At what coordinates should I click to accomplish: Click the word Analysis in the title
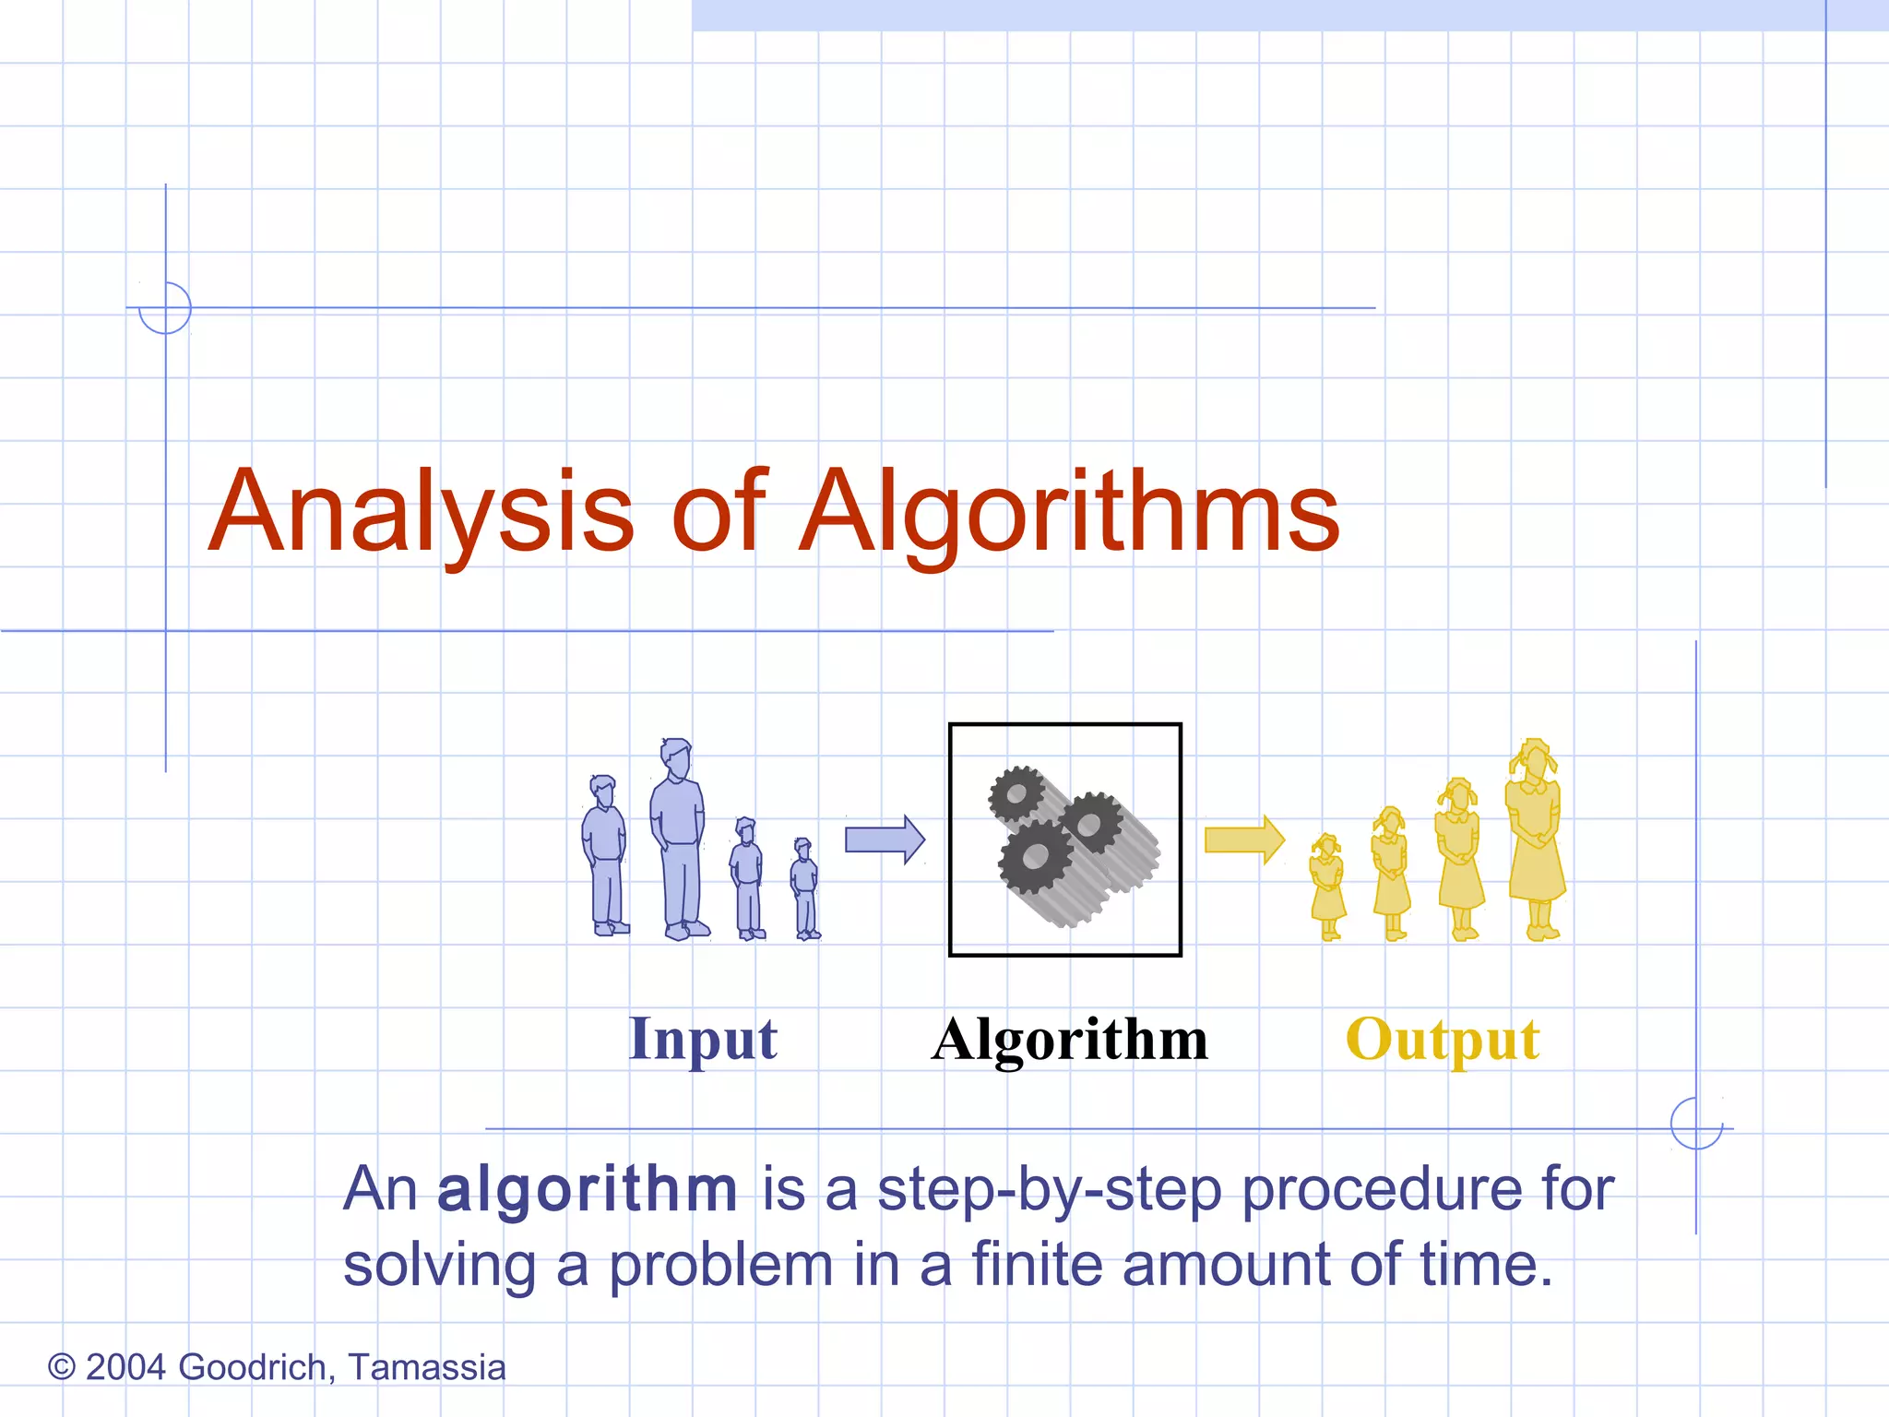[422, 512]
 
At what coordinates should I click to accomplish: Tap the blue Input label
[703, 1040]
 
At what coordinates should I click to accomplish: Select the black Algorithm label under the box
[1070, 1040]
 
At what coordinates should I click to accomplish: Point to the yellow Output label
[1443, 1040]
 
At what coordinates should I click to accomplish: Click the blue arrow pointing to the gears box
[885, 839]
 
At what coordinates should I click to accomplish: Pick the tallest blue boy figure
[680, 839]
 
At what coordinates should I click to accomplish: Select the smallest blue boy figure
[805, 890]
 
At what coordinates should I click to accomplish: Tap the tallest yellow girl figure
[1535, 839]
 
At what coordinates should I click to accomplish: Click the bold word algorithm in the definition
[588, 1189]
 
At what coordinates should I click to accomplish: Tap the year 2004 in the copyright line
[125, 1367]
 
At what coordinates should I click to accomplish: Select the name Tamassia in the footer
[427, 1367]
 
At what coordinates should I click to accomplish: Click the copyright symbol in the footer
[61, 1367]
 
